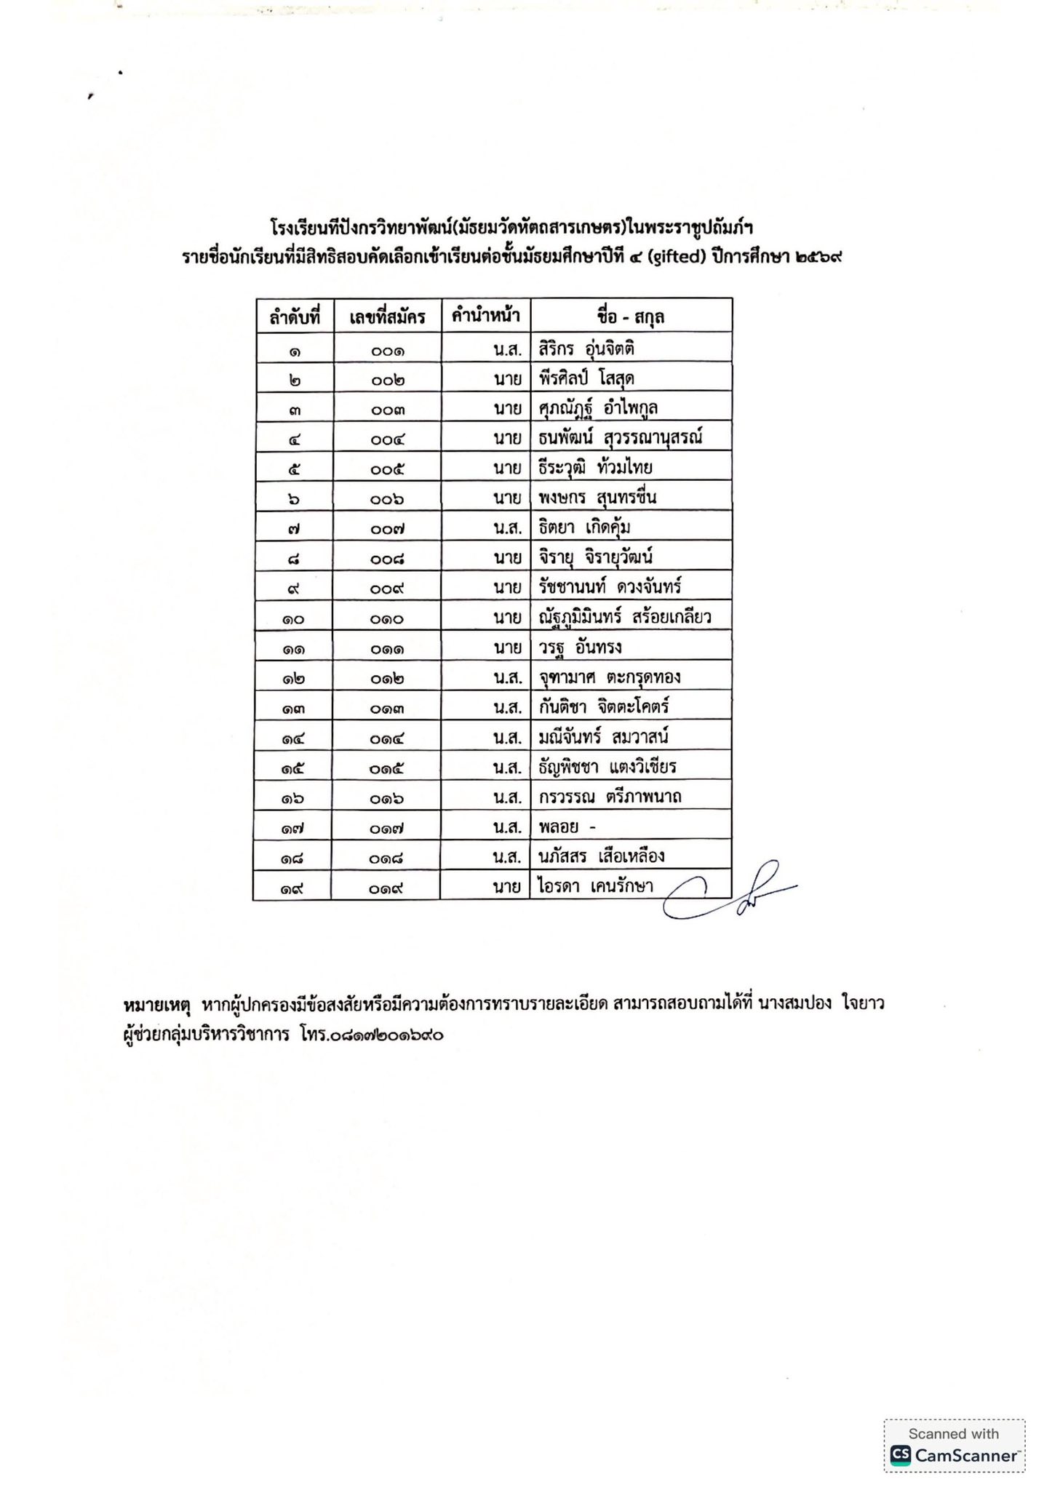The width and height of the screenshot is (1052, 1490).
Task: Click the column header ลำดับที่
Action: pyautogui.click(x=295, y=317)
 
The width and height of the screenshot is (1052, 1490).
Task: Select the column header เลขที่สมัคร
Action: pyautogui.click(x=387, y=317)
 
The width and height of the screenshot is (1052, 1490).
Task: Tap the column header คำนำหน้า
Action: pyautogui.click(x=485, y=316)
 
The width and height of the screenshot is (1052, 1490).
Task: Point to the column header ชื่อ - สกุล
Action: pyautogui.click(x=630, y=316)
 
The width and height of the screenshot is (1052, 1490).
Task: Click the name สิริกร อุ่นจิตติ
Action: pyautogui.click(x=587, y=348)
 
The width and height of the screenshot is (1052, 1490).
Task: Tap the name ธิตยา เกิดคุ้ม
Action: pyautogui.click(x=580, y=527)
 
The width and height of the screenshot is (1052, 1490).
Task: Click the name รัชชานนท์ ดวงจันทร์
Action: pyautogui.click(x=610, y=587)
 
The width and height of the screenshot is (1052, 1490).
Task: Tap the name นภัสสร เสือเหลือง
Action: pyautogui.click(x=602, y=856)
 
